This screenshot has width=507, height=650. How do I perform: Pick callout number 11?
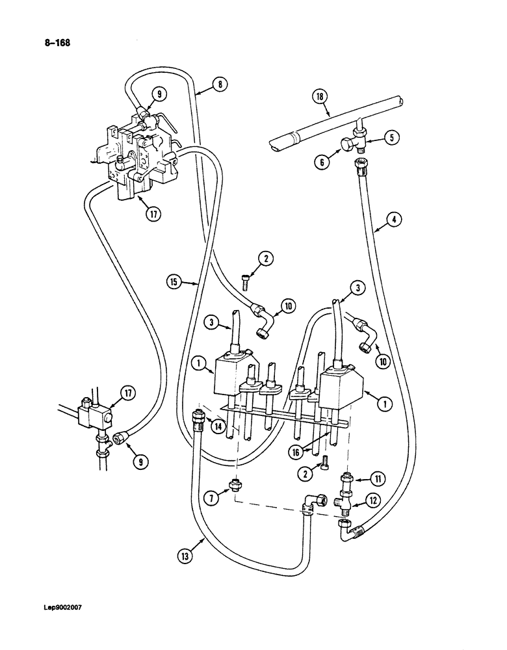tap(377, 479)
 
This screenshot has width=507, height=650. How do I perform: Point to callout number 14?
tap(220, 426)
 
